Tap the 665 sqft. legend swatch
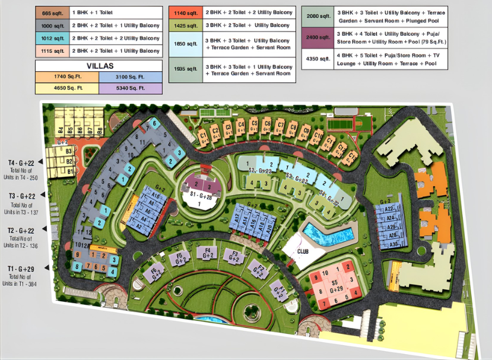click(x=52, y=12)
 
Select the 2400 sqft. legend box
click(x=317, y=40)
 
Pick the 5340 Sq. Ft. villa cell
click(x=130, y=88)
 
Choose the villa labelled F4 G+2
click(x=207, y=253)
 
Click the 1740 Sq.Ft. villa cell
click(x=66, y=77)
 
